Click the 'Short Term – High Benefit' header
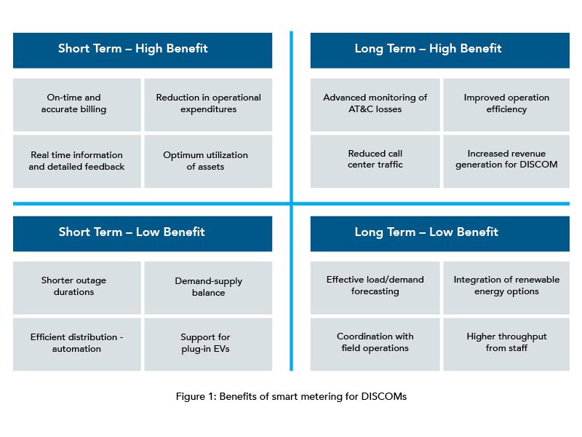[x=143, y=50]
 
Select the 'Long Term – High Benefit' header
[x=440, y=50]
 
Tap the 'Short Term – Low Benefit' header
[x=143, y=234]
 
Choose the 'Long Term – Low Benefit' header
[x=440, y=234]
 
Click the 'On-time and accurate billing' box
[x=77, y=105]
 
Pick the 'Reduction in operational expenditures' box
[x=208, y=105]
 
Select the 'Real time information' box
[x=77, y=161]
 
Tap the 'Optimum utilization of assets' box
[x=208, y=161]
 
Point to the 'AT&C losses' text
[x=375, y=109]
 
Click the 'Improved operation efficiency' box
[x=506, y=105]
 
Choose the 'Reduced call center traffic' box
[x=375, y=161]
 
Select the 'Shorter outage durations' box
[x=77, y=288]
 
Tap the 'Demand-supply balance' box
[x=208, y=288]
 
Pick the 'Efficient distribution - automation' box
[x=77, y=344]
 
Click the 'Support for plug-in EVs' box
[x=208, y=344]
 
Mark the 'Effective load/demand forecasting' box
[x=375, y=288]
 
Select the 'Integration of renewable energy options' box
[x=506, y=288]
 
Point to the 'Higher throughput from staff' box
[x=506, y=344]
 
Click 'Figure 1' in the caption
[x=195, y=396]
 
